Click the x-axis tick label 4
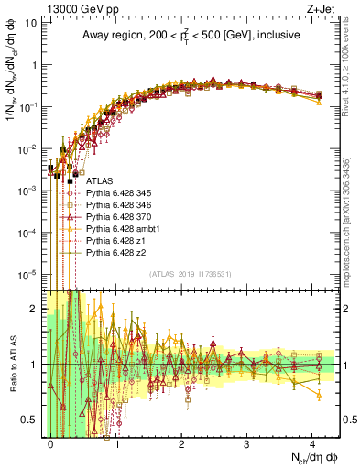click(311, 442)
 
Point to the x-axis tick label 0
click(51, 442)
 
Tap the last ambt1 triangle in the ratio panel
click(318, 395)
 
